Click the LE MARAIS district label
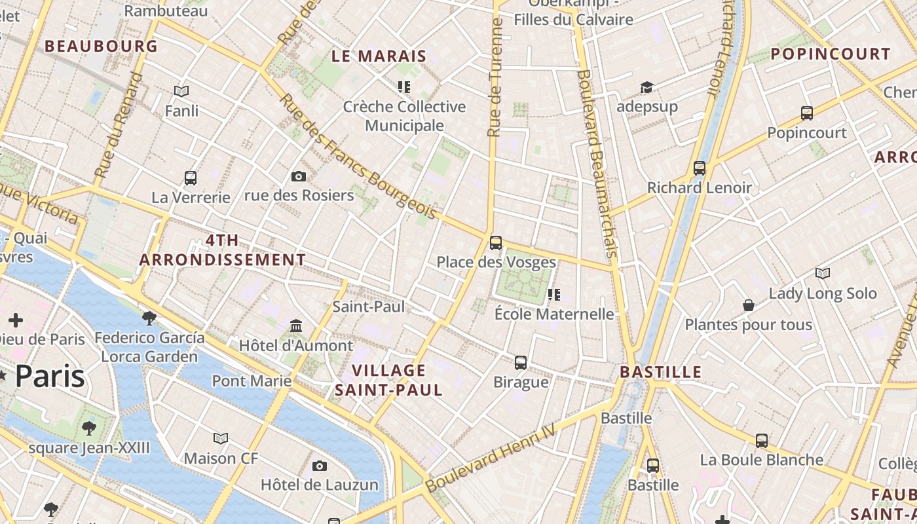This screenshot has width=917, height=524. coord(379,56)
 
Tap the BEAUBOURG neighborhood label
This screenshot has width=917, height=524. coord(101,46)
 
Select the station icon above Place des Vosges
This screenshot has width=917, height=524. coord(496,243)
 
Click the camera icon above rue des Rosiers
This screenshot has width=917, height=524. coord(298,176)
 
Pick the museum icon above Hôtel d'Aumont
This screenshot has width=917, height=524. coord(295,326)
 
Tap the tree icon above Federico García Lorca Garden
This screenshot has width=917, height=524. coord(149,318)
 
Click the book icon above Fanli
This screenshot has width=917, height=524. coord(181,91)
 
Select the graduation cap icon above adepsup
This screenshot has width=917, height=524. coord(646,87)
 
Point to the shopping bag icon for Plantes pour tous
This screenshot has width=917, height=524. coord(748,305)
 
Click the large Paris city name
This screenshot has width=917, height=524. coord(50,377)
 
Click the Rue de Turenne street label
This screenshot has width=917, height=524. coord(495,77)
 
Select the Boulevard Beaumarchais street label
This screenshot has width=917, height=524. coord(597,164)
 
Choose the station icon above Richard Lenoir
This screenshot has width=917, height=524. coord(700,168)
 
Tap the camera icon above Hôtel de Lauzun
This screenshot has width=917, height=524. coord(319,466)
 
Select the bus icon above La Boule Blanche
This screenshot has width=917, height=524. coord(761,441)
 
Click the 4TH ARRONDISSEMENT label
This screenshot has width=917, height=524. coord(223,250)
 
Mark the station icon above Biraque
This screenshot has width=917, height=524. coord(521,362)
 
